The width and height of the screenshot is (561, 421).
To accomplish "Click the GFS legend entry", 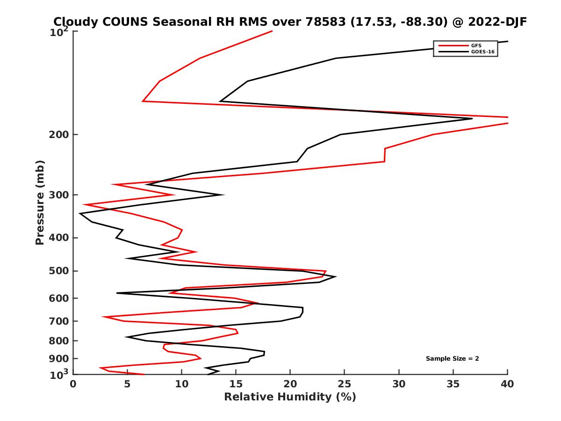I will tap(476, 46).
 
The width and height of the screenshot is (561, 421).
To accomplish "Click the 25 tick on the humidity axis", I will tap(345, 384).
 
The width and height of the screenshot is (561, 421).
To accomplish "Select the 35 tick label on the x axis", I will tap(453, 384).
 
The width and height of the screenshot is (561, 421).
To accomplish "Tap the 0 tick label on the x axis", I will tap(73, 384).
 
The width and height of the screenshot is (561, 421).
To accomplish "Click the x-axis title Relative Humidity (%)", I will tap(290, 397).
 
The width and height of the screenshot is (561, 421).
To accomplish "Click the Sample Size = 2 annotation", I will tap(452, 359).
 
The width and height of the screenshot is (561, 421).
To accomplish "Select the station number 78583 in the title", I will tap(323, 22).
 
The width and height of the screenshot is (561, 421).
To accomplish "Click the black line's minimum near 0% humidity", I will tap(80, 214).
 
